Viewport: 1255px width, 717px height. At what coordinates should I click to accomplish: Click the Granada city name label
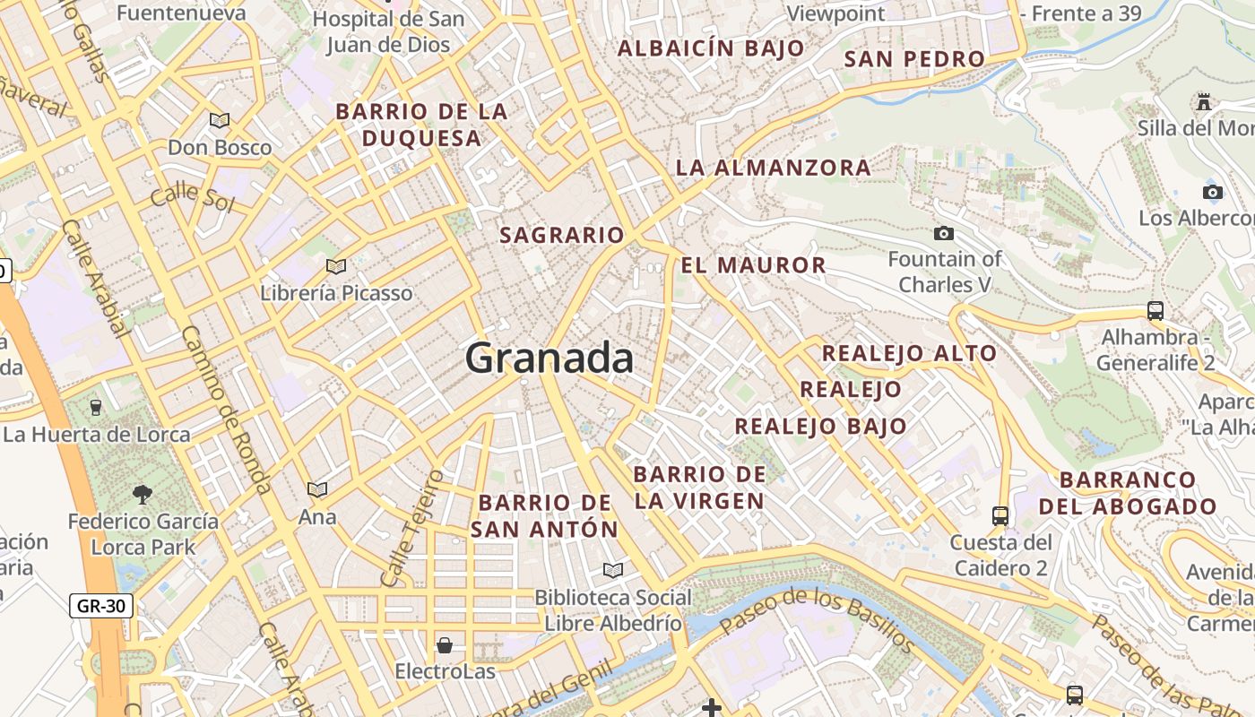pyautogui.click(x=550, y=358)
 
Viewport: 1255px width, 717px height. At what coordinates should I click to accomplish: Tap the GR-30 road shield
pyautogui.click(x=101, y=606)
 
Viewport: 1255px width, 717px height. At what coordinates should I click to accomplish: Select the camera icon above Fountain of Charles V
pyautogui.click(x=944, y=234)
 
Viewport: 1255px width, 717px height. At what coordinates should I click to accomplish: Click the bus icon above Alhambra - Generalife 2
pyautogui.click(x=1155, y=311)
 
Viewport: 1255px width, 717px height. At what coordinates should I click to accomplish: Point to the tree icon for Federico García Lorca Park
pyautogui.click(x=142, y=494)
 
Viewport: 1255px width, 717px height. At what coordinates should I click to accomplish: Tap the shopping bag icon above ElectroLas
pyautogui.click(x=445, y=645)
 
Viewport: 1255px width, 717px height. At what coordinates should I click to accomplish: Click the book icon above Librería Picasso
pyautogui.click(x=336, y=266)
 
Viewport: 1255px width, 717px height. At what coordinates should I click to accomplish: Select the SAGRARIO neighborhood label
pyautogui.click(x=561, y=235)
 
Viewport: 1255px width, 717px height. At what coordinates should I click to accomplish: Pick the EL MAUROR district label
pyautogui.click(x=753, y=265)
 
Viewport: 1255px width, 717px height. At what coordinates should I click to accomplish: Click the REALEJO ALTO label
pyautogui.click(x=909, y=353)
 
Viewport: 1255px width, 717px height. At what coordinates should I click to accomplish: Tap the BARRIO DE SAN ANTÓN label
pyautogui.click(x=545, y=516)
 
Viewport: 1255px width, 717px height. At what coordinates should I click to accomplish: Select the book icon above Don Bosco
pyautogui.click(x=220, y=120)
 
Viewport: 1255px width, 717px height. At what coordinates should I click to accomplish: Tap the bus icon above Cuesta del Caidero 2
pyautogui.click(x=1000, y=516)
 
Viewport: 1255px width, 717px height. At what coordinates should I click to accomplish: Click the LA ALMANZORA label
pyautogui.click(x=773, y=168)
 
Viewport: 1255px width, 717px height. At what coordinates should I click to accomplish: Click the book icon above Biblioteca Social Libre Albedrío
pyautogui.click(x=613, y=570)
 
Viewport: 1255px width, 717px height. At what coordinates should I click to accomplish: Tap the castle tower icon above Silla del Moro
pyautogui.click(x=1204, y=102)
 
